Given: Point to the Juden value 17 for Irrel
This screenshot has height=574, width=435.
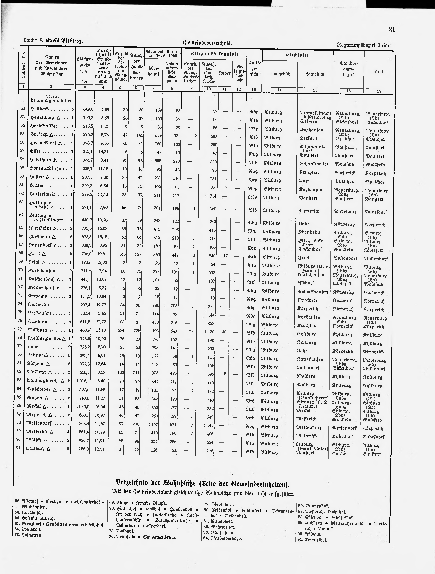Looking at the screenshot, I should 225,256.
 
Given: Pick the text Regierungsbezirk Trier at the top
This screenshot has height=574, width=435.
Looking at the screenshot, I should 363,45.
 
